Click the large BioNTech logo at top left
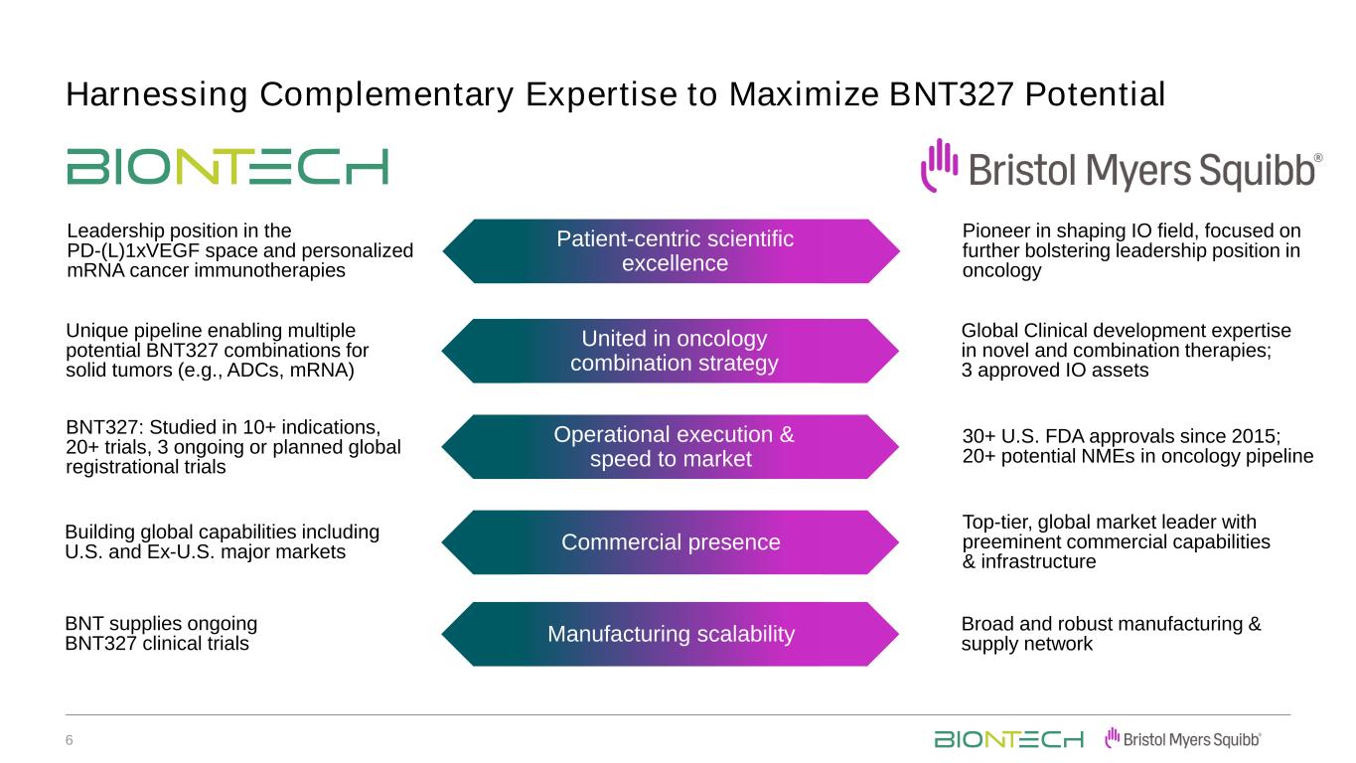(x=227, y=167)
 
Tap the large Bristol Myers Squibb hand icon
(x=939, y=165)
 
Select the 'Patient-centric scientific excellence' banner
(x=671, y=251)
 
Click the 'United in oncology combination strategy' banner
(x=671, y=351)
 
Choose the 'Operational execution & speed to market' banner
(x=671, y=447)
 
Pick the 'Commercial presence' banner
(x=671, y=542)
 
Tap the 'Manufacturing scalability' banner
(x=671, y=634)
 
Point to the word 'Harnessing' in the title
(x=157, y=95)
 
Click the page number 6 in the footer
(x=69, y=740)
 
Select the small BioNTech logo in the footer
(x=1008, y=739)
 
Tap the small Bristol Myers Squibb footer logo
(x=1183, y=739)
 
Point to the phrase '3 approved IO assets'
(x=1055, y=370)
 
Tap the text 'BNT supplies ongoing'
(x=161, y=624)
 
